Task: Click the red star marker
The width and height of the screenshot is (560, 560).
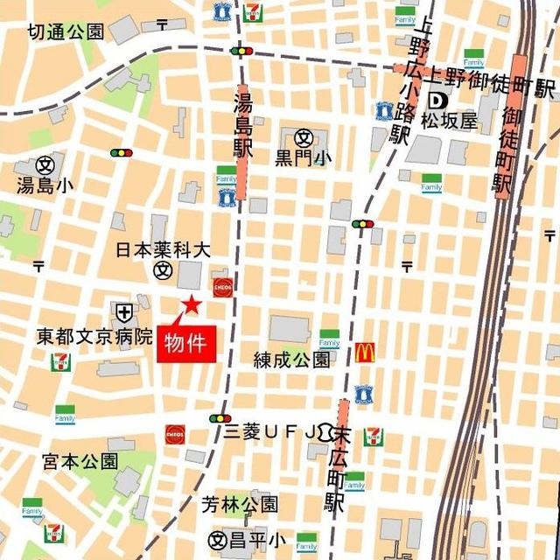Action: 190,305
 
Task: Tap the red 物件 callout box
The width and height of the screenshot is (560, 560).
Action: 185,342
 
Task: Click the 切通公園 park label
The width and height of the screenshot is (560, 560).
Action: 66,32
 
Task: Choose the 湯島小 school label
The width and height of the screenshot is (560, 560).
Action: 45,185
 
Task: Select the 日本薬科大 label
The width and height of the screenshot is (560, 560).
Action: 164,250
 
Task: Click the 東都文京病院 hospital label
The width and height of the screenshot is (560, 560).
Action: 94,335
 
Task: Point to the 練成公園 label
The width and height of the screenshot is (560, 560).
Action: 291,360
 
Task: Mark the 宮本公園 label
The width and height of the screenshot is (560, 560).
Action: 80,460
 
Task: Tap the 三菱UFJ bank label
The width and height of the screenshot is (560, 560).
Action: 274,430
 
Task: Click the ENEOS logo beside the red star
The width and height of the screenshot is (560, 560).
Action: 221,286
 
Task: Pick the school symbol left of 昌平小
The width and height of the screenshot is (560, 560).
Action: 218,540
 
